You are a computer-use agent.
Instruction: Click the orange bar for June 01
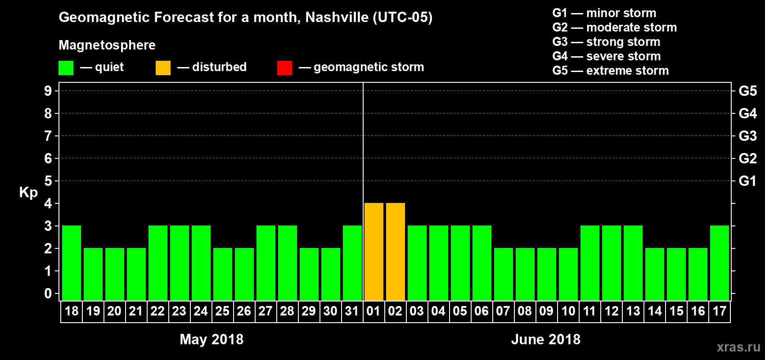[374, 252]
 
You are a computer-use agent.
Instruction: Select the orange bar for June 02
[396, 252]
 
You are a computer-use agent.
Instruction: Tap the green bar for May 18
[72, 263]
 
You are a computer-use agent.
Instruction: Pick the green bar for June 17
[720, 263]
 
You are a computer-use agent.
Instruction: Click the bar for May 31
[352, 263]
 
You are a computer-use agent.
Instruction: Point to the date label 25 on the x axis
[222, 311]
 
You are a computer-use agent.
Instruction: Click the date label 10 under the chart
[568, 311]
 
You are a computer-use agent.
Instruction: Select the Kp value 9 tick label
[48, 91]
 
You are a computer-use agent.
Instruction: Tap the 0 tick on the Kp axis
[48, 293]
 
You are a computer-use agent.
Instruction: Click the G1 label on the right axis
[747, 181]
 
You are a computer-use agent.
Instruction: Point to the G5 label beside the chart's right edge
[747, 91]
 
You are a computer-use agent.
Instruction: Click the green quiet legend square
[66, 68]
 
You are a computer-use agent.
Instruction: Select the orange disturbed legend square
[163, 68]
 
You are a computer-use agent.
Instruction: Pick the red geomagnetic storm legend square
[284, 68]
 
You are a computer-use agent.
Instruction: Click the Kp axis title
[28, 192]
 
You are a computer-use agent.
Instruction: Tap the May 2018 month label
[211, 339]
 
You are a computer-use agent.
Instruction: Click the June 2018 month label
[546, 339]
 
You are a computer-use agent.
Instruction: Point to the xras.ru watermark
[738, 346]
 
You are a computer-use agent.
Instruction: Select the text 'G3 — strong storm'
[606, 42]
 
